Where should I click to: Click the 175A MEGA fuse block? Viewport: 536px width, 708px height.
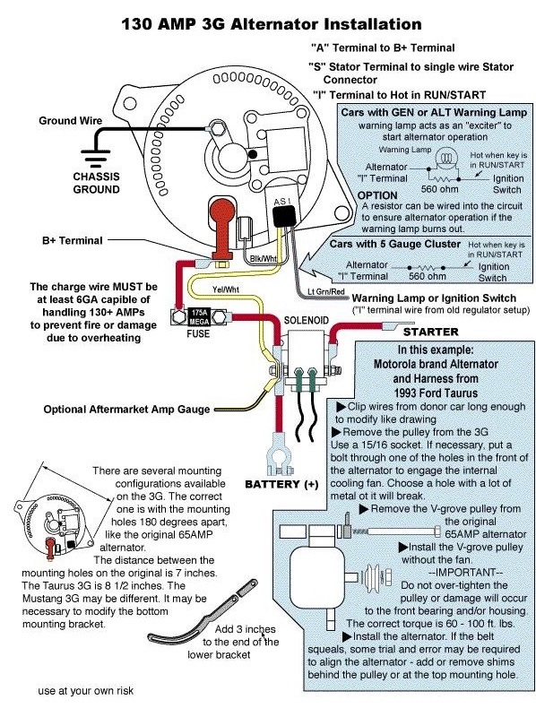[x=198, y=317]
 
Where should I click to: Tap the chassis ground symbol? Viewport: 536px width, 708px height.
[x=95, y=159]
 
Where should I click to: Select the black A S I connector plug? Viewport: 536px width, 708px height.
[x=283, y=215]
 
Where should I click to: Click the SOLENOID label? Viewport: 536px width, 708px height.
[x=307, y=320]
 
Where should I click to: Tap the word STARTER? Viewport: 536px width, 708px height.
[x=430, y=332]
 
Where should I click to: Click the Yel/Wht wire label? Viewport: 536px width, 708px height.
[x=226, y=289]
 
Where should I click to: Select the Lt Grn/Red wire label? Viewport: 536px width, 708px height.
[x=326, y=291]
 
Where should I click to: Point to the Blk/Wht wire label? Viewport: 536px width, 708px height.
[x=264, y=259]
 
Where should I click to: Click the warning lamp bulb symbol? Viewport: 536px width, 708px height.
[x=445, y=158]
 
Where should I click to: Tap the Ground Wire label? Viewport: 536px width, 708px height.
[x=71, y=121]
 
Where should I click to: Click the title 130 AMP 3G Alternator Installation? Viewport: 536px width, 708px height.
[x=272, y=24]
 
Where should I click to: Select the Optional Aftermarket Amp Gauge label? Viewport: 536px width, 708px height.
[x=127, y=410]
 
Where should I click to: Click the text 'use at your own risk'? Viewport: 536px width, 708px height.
[x=86, y=690]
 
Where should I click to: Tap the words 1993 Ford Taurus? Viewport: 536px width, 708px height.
[x=436, y=393]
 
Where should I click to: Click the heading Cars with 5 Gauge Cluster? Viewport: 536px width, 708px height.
[x=395, y=245]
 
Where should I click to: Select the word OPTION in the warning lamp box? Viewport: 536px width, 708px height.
[x=377, y=195]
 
